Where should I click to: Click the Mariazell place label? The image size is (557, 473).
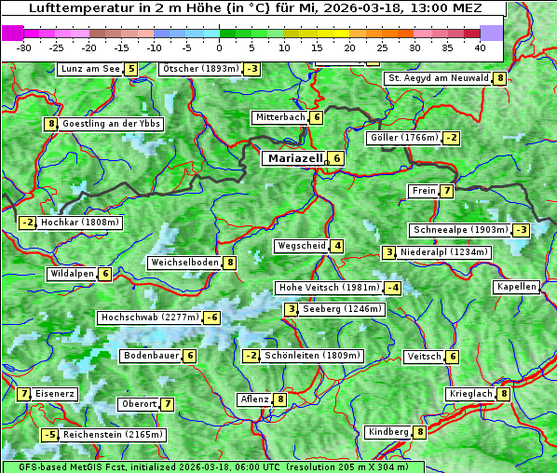[293, 158]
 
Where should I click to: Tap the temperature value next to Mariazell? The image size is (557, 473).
[336, 158]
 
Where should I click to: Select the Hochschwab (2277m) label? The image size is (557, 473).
[149, 318]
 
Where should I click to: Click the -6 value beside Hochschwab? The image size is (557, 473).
[212, 318]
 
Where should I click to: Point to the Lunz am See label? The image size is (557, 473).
[90, 69]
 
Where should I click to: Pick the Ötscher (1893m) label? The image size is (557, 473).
[200, 69]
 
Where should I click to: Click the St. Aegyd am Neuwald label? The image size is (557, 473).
[438, 78]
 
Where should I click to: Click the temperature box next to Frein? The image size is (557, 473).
[447, 192]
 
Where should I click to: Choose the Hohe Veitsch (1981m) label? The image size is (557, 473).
[328, 288]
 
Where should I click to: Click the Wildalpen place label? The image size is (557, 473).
[72, 274]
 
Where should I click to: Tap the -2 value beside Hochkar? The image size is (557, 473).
[28, 223]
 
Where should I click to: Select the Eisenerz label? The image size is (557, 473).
[55, 394]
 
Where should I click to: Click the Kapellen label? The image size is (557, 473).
[516, 287]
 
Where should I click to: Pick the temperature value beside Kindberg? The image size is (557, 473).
[420, 432]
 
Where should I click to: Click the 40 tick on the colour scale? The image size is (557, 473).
[479, 47]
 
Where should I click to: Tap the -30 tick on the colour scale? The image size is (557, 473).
[24, 47]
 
